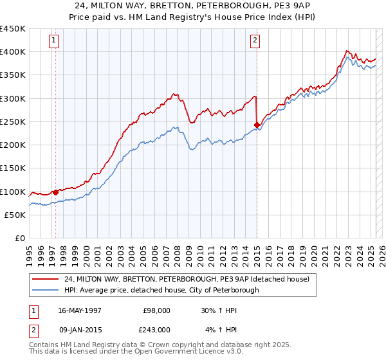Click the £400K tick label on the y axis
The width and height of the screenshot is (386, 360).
pyautogui.click(x=13, y=52)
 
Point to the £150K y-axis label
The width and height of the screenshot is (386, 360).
pyautogui.click(x=13, y=168)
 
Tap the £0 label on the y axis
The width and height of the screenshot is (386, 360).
pyautogui.click(x=19, y=239)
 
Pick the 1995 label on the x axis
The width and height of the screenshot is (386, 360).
pyautogui.click(x=29, y=251)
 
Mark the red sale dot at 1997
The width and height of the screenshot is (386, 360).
pyautogui.click(x=55, y=192)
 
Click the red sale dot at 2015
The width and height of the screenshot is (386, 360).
pyautogui.click(x=257, y=125)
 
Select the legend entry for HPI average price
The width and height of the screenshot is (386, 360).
pyautogui.click(x=161, y=290)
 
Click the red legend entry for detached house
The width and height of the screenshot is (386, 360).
pyautogui.click(x=187, y=279)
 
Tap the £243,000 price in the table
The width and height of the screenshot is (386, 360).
pyautogui.click(x=157, y=330)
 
